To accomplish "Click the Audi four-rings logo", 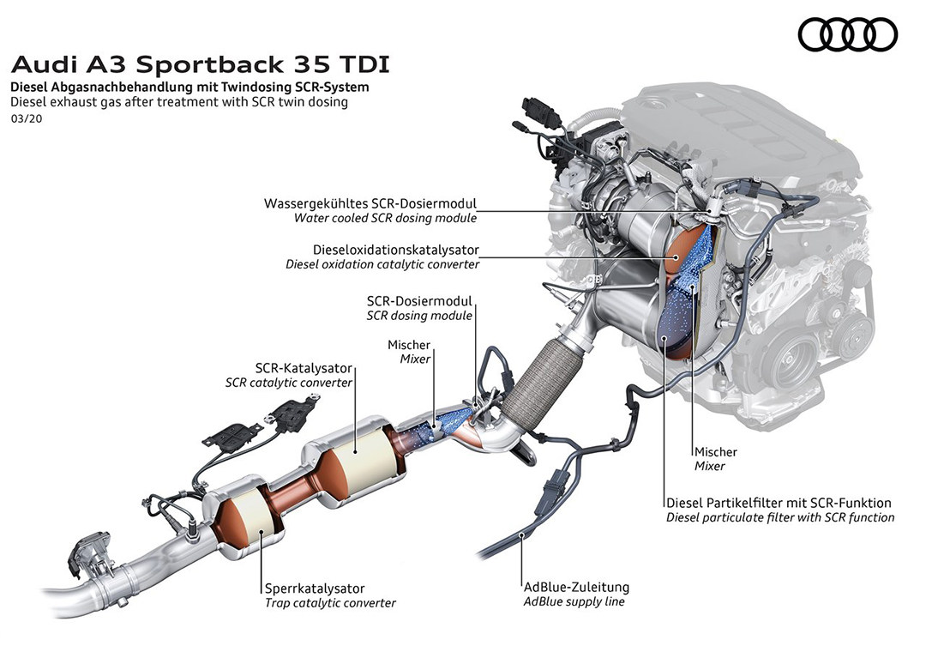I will point(848,34).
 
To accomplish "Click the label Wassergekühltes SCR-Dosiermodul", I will point(370,204).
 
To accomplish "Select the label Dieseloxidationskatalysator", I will point(383,250).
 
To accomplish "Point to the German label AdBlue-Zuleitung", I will point(576,588).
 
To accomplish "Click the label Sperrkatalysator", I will point(315,589).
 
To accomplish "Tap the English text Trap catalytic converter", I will point(330,603).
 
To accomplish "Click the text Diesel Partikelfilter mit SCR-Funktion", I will point(779,503).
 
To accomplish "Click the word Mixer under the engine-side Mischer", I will point(710,467).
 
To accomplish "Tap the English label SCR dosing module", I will point(419,316).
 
